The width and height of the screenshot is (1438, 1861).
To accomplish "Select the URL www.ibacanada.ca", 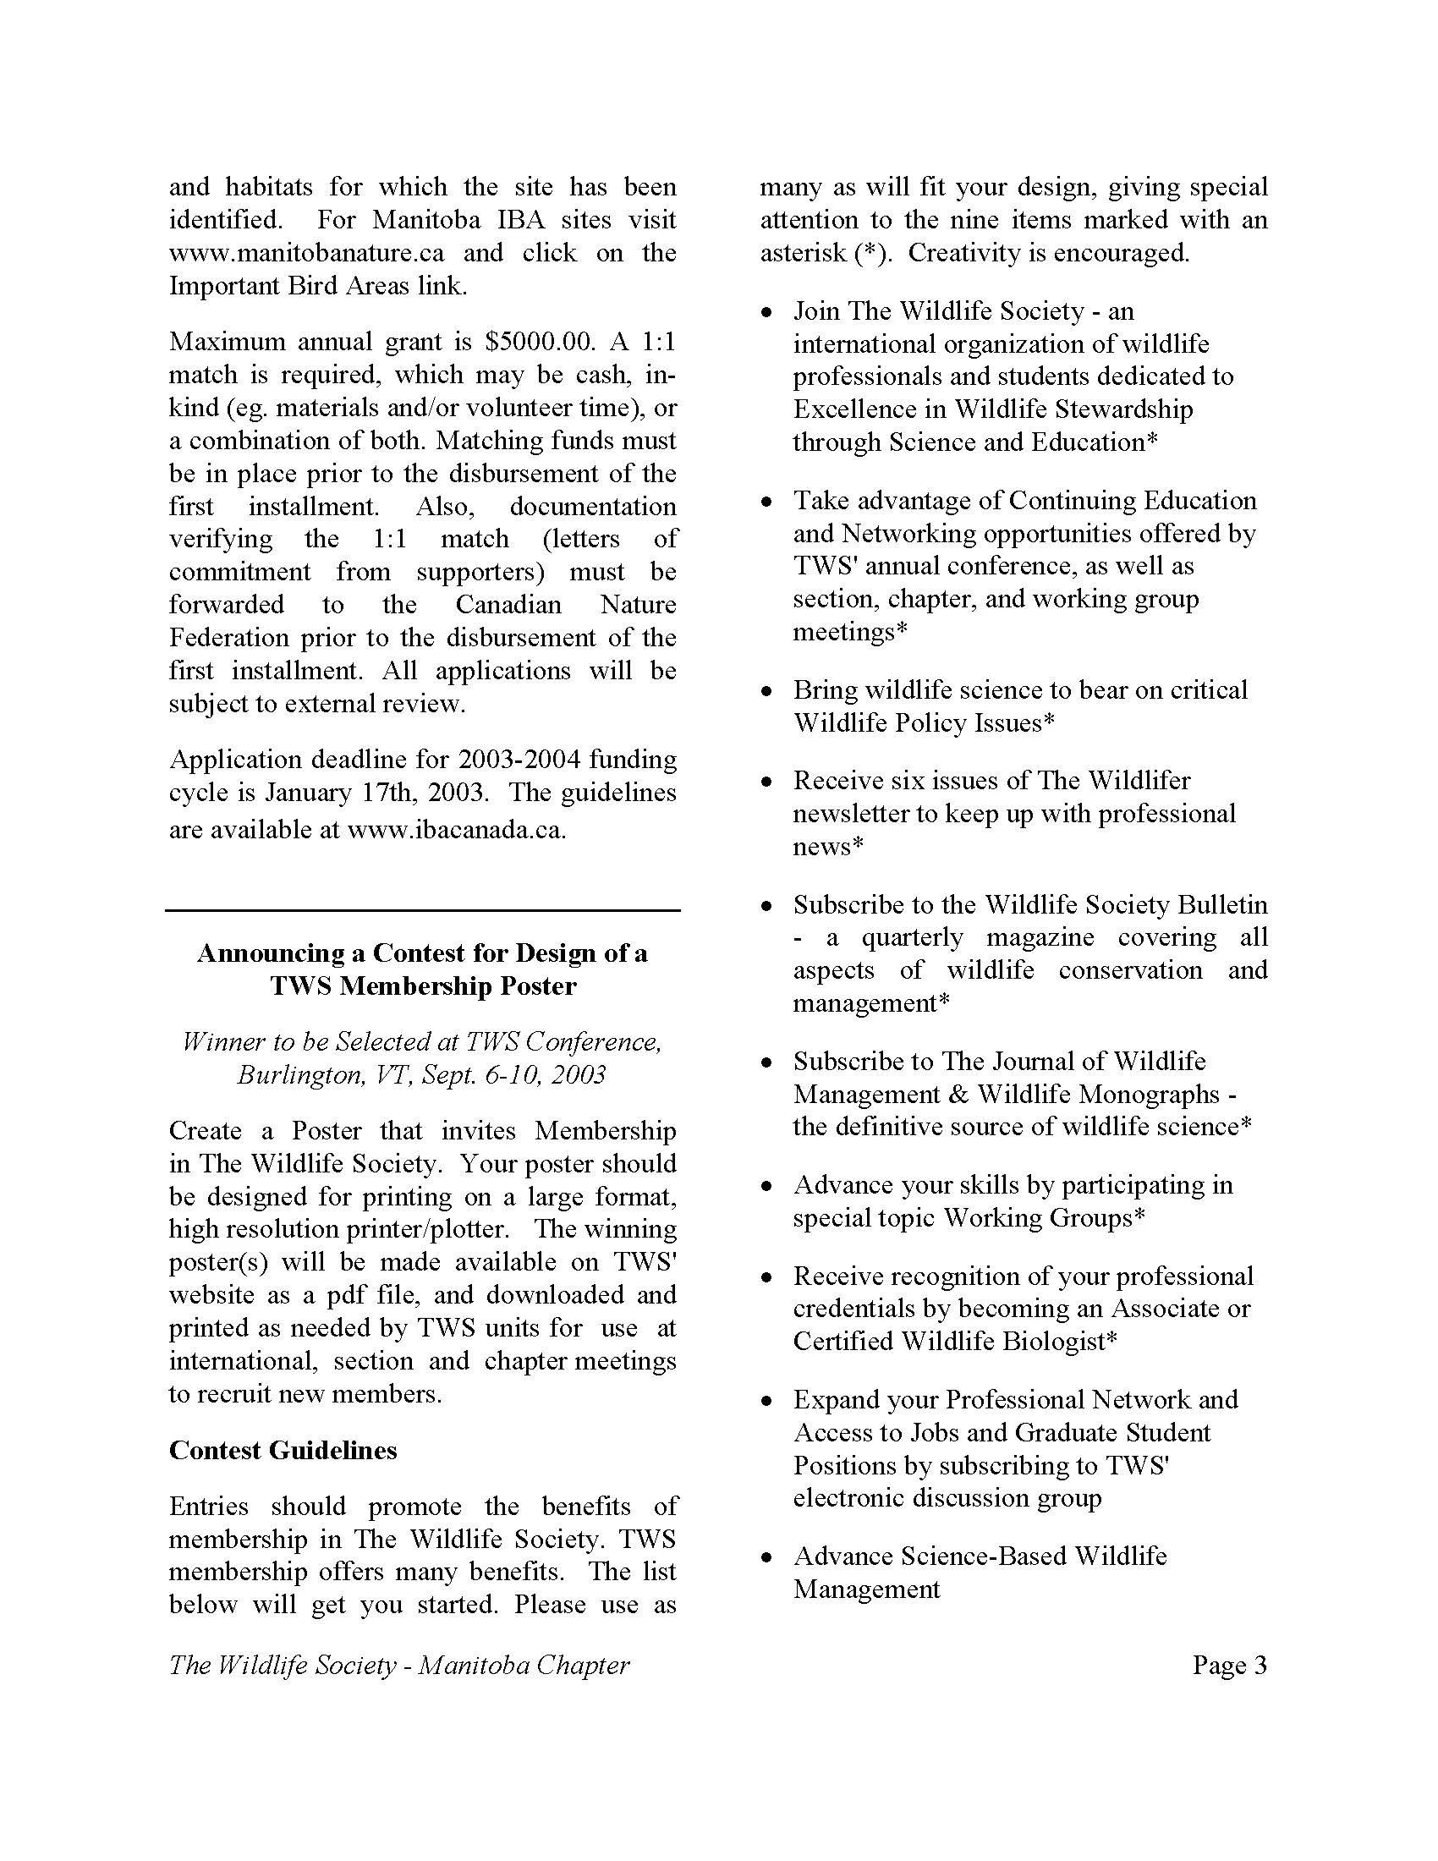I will click(x=456, y=829).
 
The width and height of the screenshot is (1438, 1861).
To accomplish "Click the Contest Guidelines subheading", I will click(x=283, y=1450).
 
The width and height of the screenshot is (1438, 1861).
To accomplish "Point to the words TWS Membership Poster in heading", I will click(x=424, y=985).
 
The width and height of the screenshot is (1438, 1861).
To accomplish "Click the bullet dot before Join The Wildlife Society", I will click(x=766, y=313).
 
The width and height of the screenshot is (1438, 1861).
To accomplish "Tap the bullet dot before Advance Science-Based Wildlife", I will click(x=766, y=1557).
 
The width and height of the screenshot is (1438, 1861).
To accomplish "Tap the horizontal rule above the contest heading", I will click(x=423, y=911).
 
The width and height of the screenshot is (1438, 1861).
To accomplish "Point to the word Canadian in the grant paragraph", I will click(x=508, y=604).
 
